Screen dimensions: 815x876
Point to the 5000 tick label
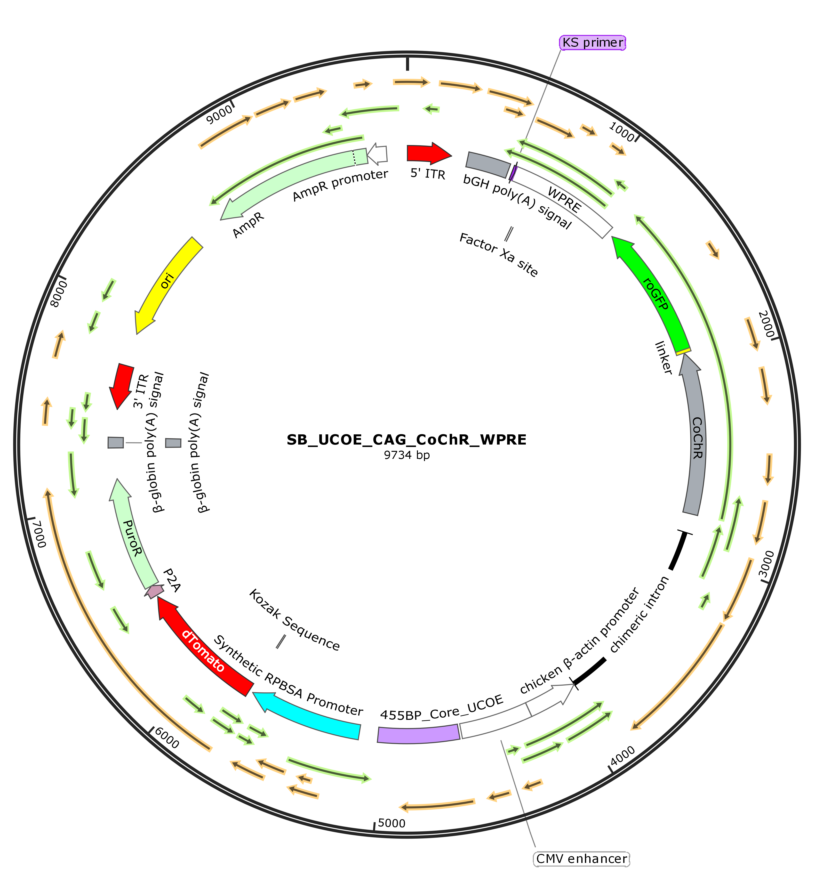pos(392,823)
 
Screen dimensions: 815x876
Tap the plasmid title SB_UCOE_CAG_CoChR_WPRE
pos(407,440)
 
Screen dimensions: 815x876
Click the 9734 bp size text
pos(407,455)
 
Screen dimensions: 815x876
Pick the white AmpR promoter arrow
pos(377,153)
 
